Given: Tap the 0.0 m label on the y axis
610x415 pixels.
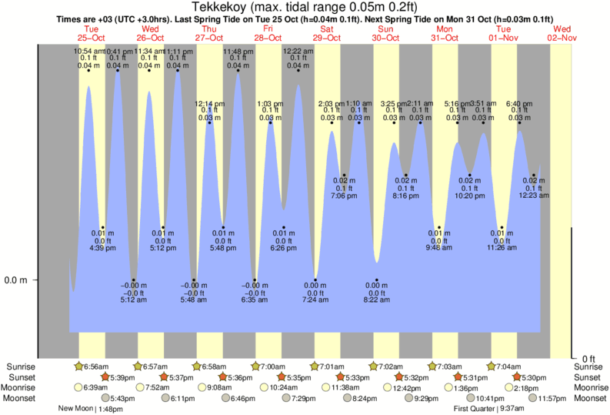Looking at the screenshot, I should pos(15,280).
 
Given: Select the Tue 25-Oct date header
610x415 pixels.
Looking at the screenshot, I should pos(92,33).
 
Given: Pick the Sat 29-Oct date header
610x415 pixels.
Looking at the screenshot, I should pos(327,33).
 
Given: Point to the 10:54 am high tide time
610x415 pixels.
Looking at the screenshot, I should pos(88,52).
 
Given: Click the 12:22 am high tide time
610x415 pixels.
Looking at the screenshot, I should pos(298,52).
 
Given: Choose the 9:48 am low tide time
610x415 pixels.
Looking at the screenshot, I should pos(438,248).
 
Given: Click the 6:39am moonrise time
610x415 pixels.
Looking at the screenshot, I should pos(95,387).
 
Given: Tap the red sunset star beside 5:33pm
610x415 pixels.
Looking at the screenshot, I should pos(340,377).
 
